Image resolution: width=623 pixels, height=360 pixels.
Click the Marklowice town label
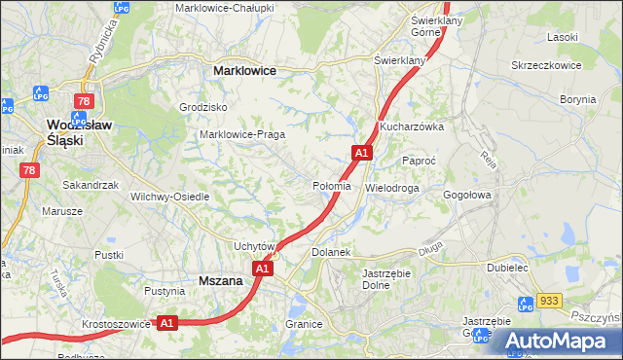coord(244,71)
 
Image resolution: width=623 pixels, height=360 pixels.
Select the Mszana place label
coord(219,279)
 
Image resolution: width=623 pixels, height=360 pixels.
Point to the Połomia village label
coord(331,186)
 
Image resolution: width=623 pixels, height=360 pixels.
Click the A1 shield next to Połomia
coord(361,153)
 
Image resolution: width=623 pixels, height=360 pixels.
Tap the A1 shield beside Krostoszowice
coord(166,322)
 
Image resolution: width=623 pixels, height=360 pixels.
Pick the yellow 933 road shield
coord(550,302)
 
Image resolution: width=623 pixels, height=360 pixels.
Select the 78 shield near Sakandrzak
coord(29,170)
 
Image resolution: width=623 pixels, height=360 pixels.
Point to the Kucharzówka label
coord(412,126)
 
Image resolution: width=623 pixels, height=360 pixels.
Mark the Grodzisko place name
coord(203,107)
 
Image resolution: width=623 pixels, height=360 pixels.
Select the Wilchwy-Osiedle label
coord(170,197)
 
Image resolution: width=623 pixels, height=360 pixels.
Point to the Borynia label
coord(578,99)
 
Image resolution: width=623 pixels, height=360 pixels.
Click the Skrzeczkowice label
coord(546,65)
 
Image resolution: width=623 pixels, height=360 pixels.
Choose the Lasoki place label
coord(563,36)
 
